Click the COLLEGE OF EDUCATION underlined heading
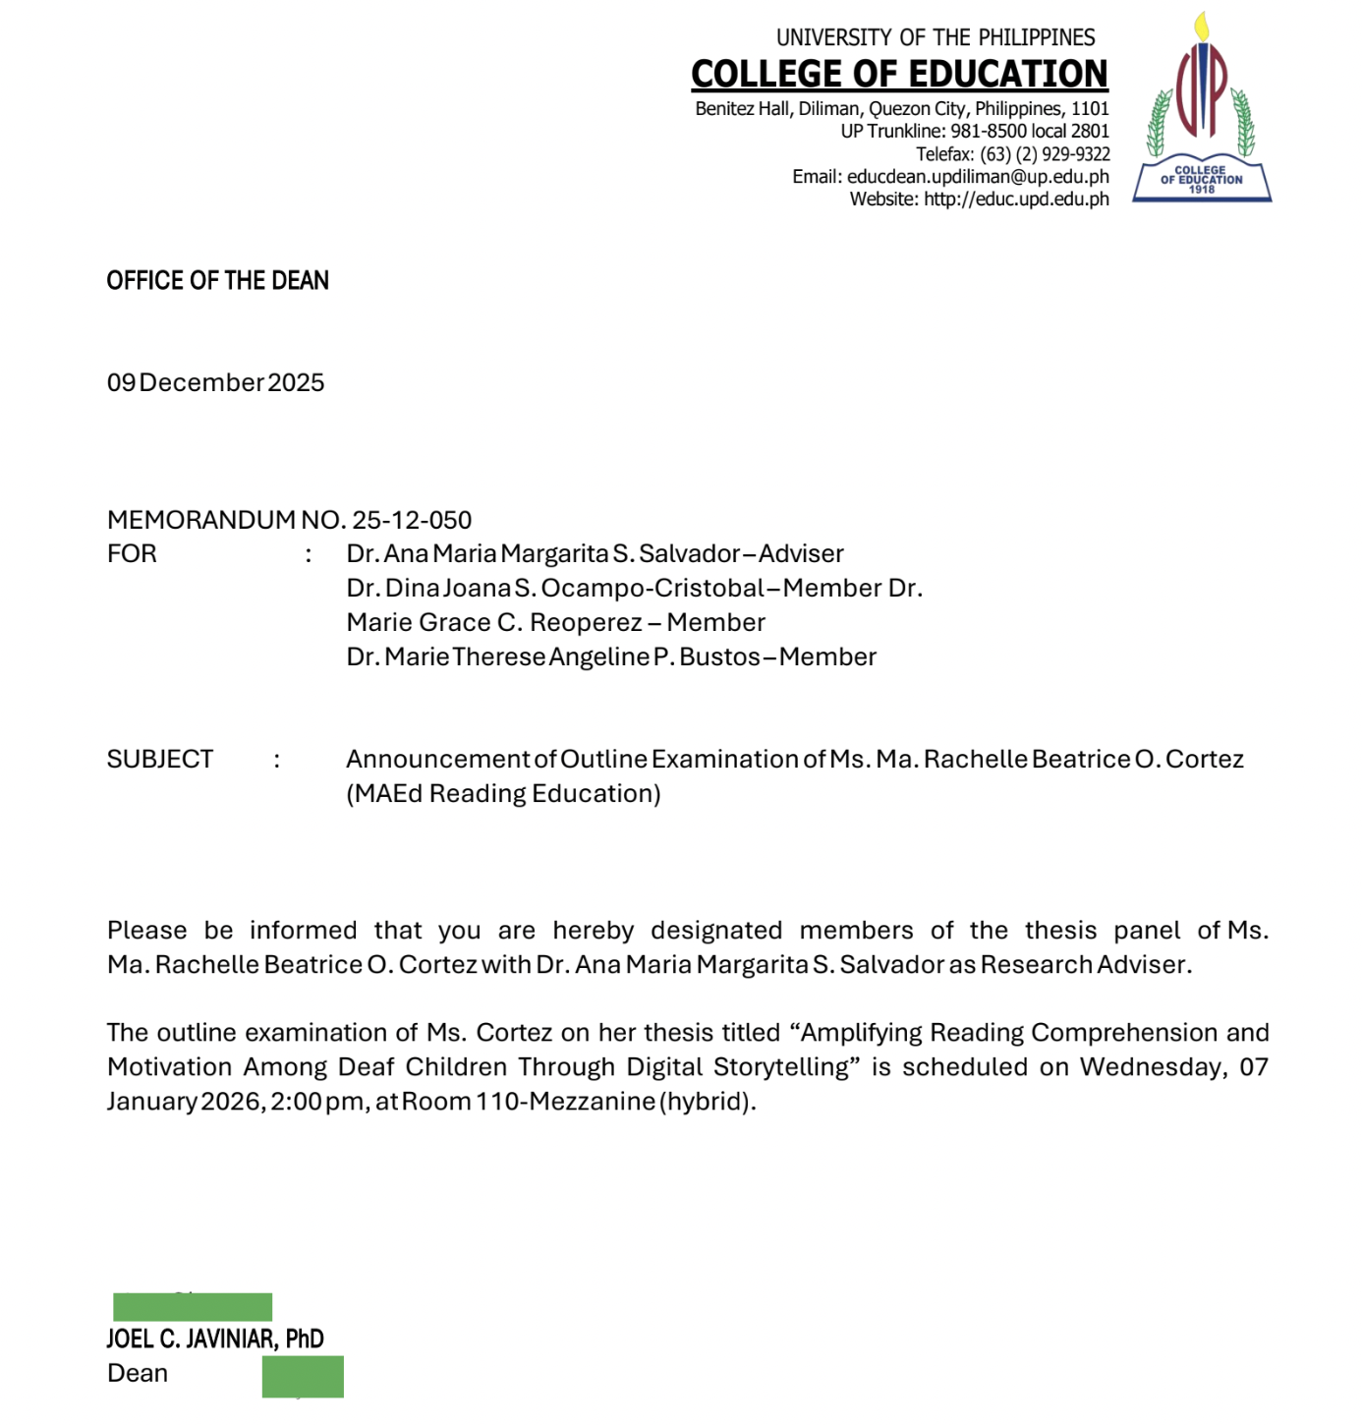(899, 74)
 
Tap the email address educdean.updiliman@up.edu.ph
(978, 177)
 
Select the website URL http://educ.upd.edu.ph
(1016, 199)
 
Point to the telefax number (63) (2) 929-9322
(1045, 154)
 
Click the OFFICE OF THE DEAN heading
(217, 281)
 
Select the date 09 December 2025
(215, 382)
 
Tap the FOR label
(132, 554)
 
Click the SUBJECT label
(159, 760)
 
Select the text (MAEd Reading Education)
(503, 794)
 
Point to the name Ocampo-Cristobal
(653, 589)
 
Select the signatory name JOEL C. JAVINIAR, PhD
(215, 1339)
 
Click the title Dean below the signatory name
(138, 1373)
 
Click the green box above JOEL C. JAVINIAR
(193, 1307)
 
